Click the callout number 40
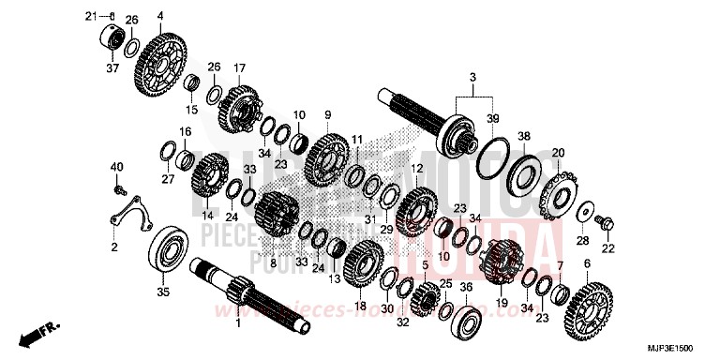point(117,167)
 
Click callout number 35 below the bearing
point(163,293)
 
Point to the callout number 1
point(237,323)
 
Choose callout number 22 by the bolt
point(607,247)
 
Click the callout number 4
point(160,16)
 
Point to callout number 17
point(239,67)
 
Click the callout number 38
point(523,135)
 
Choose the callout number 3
point(472,75)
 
